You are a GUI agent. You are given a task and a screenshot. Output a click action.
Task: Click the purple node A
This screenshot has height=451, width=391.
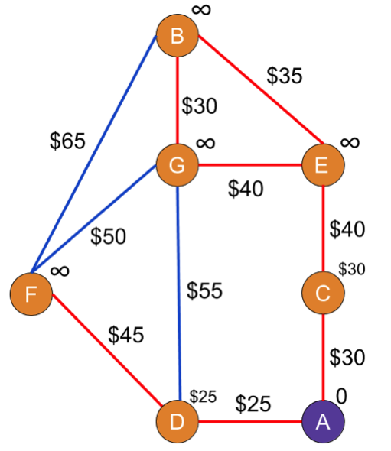(x=323, y=422)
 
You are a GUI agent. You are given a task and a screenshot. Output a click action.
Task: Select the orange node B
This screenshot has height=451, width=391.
(x=178, y=36)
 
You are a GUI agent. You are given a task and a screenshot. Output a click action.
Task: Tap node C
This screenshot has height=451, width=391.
(x=323, y=293)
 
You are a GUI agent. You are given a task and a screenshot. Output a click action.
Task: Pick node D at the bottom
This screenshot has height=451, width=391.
(x=178, y=422)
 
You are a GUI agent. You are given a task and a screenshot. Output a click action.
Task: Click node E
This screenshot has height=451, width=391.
(x=323, y=165)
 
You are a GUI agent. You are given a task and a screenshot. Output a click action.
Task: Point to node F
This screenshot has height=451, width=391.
(x=31, y=294)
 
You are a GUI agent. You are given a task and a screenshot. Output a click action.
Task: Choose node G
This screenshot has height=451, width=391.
(x=178, y=165)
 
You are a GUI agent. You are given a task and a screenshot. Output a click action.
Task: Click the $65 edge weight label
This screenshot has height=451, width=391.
(x=67, y=141)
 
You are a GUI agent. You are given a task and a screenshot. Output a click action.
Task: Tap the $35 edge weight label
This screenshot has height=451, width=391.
(x=285, y=76)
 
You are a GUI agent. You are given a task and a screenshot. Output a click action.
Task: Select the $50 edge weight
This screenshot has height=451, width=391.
(x=108, y=236)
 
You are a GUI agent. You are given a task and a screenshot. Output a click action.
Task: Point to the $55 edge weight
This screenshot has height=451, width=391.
(x=204, y=290)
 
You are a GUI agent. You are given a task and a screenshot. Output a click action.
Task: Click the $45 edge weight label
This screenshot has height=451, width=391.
(x=126, y=335)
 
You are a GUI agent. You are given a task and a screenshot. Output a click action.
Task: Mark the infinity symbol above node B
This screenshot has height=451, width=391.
(x=201, y=10)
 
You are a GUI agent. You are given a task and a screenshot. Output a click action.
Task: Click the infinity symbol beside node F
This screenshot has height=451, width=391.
(x=60, y=271)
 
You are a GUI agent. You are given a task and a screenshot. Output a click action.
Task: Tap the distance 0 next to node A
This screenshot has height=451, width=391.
(x=341, y=397)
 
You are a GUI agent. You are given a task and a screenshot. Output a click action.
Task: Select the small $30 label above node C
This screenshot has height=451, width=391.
(x=351, y=269)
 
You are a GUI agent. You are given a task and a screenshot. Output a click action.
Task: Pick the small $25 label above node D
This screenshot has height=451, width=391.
(x=203, y=397)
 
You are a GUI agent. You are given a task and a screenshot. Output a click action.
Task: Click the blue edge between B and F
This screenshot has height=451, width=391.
(x=94, y=154)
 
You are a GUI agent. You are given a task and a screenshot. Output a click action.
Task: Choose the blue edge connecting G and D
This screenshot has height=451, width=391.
(x=178, y=294)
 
